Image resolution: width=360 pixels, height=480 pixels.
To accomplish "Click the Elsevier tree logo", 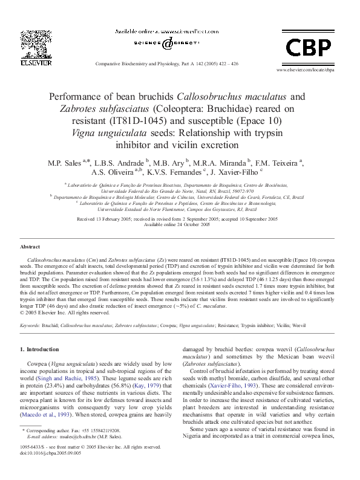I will point(31,42).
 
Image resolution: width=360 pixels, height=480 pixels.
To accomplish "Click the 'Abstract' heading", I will point(30,247).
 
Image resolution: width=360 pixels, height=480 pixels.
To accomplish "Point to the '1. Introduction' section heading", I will point(40,349).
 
